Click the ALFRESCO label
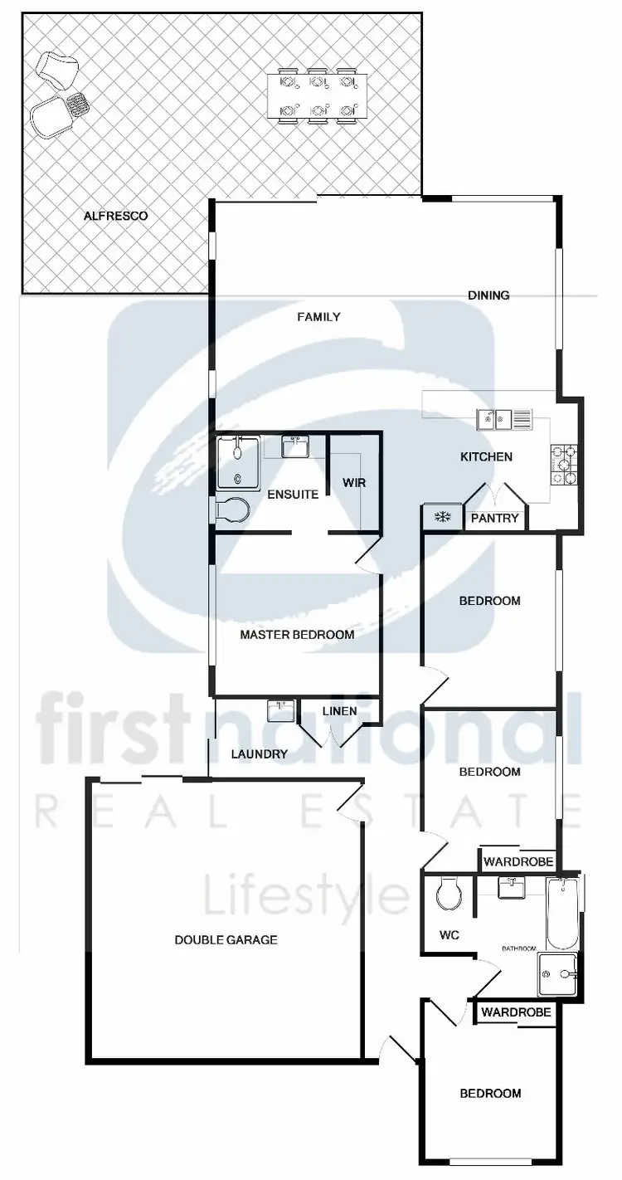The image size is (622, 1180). coord(116,216)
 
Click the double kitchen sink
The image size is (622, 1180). coord(503,420)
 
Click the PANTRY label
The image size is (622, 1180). coord(494,519)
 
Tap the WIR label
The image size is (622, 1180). coord(354,482)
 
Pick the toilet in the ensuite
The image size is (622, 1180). coord(231,510)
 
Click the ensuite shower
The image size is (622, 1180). coord(238,464)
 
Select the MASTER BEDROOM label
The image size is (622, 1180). coord(297,635)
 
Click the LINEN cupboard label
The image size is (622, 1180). coord(339,711)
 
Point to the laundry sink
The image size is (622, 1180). coord(281,711)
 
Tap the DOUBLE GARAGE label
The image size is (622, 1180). coord(226,940)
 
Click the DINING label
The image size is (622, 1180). coord(488,295)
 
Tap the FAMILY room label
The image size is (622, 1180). coord(319,316)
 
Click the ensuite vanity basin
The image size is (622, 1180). coord(296,447)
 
